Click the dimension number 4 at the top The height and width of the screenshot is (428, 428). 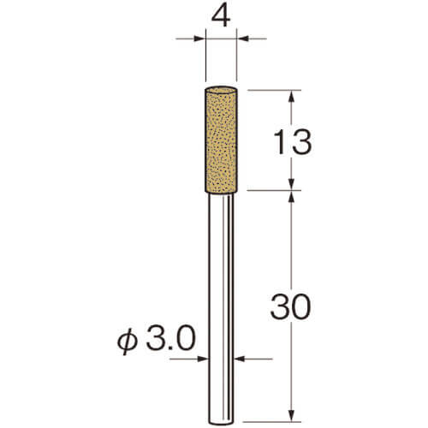221,17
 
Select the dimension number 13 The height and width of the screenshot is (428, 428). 293,142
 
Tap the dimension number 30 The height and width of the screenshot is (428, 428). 290,306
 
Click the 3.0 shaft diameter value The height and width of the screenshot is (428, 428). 171,339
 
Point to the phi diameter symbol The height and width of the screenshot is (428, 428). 127,342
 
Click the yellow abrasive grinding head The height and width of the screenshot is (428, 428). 221,140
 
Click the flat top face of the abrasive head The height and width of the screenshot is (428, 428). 221,90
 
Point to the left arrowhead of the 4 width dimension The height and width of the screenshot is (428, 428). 199,39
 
